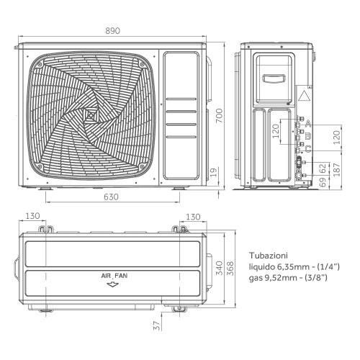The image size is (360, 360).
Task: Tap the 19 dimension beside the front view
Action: (x=214, y=171)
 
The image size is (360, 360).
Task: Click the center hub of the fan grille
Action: (x=89, y=115)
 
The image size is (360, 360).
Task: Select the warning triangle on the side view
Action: (x=304, y=95)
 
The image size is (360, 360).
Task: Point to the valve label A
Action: (x=307, y=123)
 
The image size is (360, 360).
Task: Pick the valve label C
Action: (x=307, y=149)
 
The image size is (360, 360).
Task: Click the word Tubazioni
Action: (x=270, y=255)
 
